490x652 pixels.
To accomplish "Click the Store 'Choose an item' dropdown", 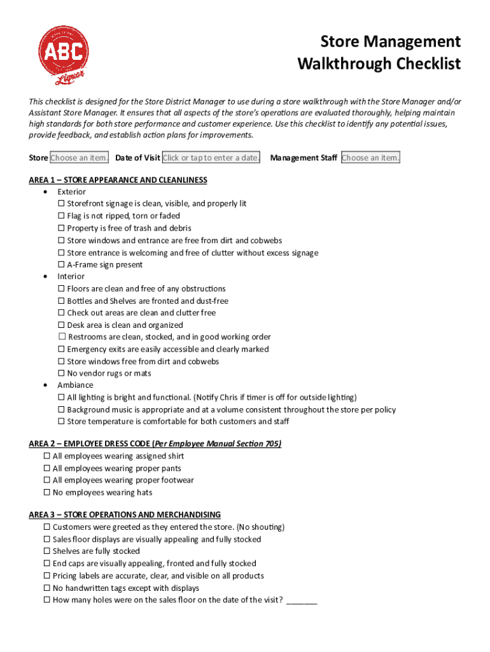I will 80,158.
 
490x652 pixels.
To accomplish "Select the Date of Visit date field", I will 211,158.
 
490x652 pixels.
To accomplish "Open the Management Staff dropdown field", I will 371,158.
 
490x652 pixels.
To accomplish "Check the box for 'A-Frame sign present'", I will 61,265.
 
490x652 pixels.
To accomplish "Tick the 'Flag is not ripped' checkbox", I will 61,216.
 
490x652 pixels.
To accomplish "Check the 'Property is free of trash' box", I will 61,229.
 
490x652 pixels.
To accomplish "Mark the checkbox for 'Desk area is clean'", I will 61,325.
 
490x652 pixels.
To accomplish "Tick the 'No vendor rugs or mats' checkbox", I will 61,374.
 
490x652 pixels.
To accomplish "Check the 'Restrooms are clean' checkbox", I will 62,337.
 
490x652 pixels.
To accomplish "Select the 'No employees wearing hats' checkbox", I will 47,493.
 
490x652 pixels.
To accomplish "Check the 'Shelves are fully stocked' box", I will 47,551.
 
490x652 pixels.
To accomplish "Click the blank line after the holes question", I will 302,600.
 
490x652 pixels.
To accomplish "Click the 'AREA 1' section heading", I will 118,180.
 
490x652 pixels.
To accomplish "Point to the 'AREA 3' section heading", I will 125,514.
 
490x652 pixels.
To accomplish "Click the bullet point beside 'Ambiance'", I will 45,385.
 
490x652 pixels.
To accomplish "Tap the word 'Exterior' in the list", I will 71,192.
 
